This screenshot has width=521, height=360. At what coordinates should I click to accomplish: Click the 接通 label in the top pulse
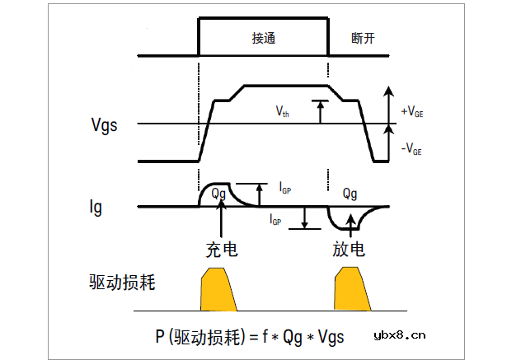click(x=263, y=39)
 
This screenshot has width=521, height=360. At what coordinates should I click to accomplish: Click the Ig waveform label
click(x=96, y=207)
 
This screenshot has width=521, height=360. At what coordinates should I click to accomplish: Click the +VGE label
click(x=413, y=111)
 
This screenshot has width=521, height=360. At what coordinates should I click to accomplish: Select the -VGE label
click(x=412, y=151)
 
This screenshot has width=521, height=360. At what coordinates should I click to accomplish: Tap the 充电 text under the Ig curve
click(x=221, y=249)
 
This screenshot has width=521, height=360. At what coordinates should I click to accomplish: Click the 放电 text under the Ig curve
click(x=350, y=249)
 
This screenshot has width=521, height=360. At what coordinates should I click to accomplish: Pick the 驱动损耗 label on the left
click(x=123, y=282)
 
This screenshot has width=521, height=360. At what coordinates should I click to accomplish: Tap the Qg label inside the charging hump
click(x=218, y=194)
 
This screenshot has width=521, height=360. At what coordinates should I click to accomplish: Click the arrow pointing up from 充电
click(x=221, y=221)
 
